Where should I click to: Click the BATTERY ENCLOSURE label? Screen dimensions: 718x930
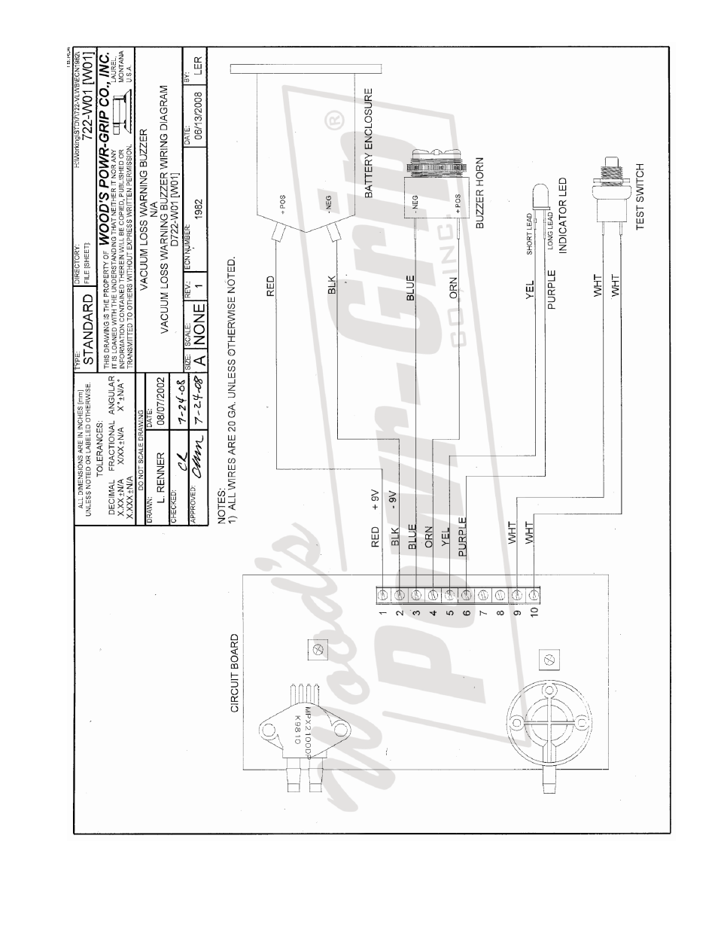370,145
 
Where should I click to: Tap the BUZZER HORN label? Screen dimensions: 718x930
479,193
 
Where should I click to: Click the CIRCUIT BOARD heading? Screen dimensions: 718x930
234,672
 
